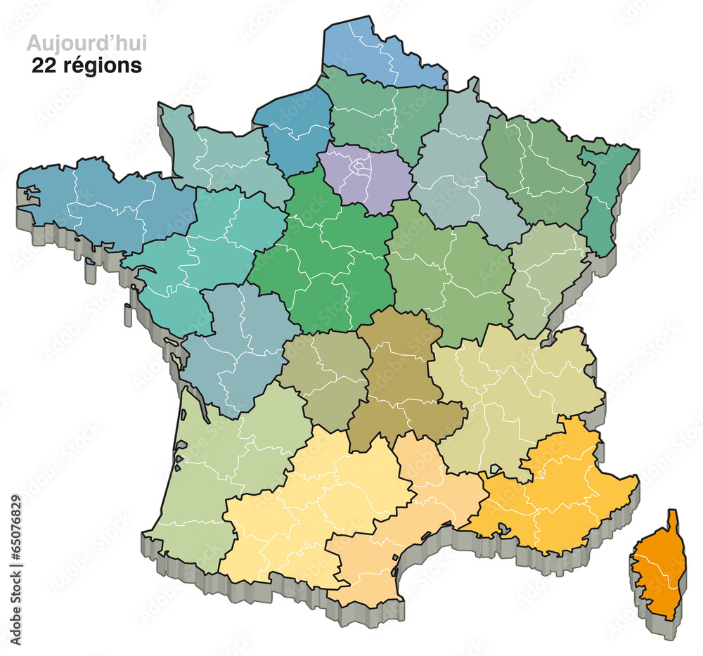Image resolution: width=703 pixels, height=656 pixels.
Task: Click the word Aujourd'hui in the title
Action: tap(86, 44)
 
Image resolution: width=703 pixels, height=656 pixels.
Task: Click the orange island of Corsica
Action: tap(662, 566)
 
